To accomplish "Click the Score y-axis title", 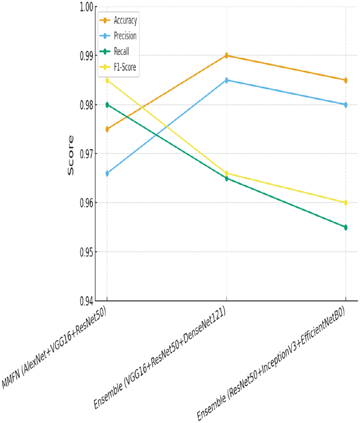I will click(x=71, y=155).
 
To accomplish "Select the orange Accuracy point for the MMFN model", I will click(x=107, y=129).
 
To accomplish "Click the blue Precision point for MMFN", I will click(x=107, y=173).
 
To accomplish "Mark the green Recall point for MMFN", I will click(x=107, y=105).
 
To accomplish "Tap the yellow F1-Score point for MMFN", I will click(x=107, y=80).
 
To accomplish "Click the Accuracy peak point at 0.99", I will click(x=226, y=56).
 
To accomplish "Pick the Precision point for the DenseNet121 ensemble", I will click(x=226, y=80).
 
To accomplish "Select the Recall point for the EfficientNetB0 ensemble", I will click(x=346, y=227).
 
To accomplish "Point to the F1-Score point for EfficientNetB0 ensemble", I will click(x=346, y=203).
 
